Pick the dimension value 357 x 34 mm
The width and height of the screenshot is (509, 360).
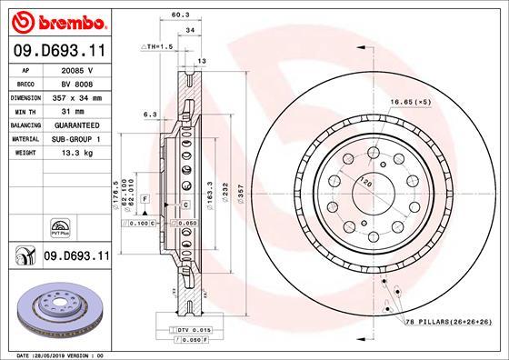[x=78, y=95]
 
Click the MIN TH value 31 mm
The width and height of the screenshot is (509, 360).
[x=78, y=110]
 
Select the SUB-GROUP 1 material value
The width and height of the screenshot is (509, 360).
[x=78, y=138]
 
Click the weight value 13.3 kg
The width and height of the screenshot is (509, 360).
[x=78, y=153]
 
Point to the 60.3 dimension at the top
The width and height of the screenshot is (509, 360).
[x=179, y=15]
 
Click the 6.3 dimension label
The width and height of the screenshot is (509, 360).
[x=151, y=114]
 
